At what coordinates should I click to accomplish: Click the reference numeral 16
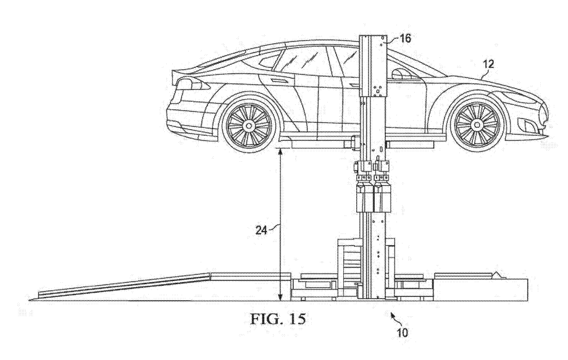click(x=405, y=38)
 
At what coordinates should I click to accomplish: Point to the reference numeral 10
click(x=403, y=332)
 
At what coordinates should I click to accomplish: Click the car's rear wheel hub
click(x=249, y=125)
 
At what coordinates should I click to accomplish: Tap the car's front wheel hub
click(x=477, y=125)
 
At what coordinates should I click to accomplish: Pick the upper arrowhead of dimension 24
click(x=282, y=149)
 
